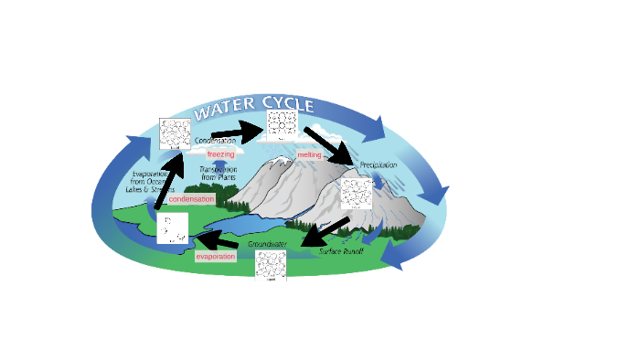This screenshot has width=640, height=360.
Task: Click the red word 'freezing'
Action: click(x=220, y=154)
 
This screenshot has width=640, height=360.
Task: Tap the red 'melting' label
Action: click(x=309, y=154)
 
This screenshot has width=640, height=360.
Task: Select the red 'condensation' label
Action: click(x=191, y=198)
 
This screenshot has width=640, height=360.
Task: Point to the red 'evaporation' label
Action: click(x=216, y=257)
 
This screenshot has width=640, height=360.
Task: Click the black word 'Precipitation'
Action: click(x=378, y=164)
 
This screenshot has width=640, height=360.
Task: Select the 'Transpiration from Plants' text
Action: click(x=219, y=174)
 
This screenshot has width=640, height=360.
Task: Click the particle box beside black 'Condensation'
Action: click(x=174, y=134)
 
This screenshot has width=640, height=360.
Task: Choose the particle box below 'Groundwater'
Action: click(x=272, y=266)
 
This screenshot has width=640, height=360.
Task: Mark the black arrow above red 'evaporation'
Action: click(x=216, y=242)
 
